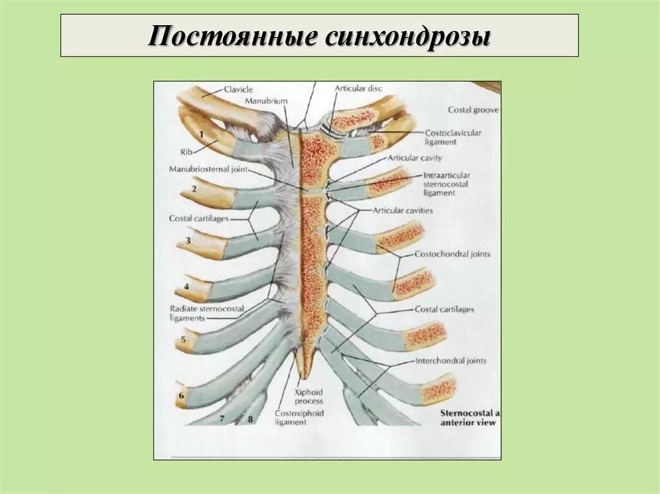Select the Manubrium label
[x=266, y=102]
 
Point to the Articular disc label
[x=358, y=88]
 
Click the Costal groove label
[x=474, y=110]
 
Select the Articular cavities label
[x=403, y=211]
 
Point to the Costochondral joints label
[x=452, y=254]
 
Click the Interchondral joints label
[x=451, y=361]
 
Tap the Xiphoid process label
[x=309, y=397]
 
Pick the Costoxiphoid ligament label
[x=299, y=417]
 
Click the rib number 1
[x=201, y=134]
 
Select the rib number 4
[x=186, y=286]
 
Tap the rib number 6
[x=181, y=396]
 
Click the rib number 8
[x=250, y=419]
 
